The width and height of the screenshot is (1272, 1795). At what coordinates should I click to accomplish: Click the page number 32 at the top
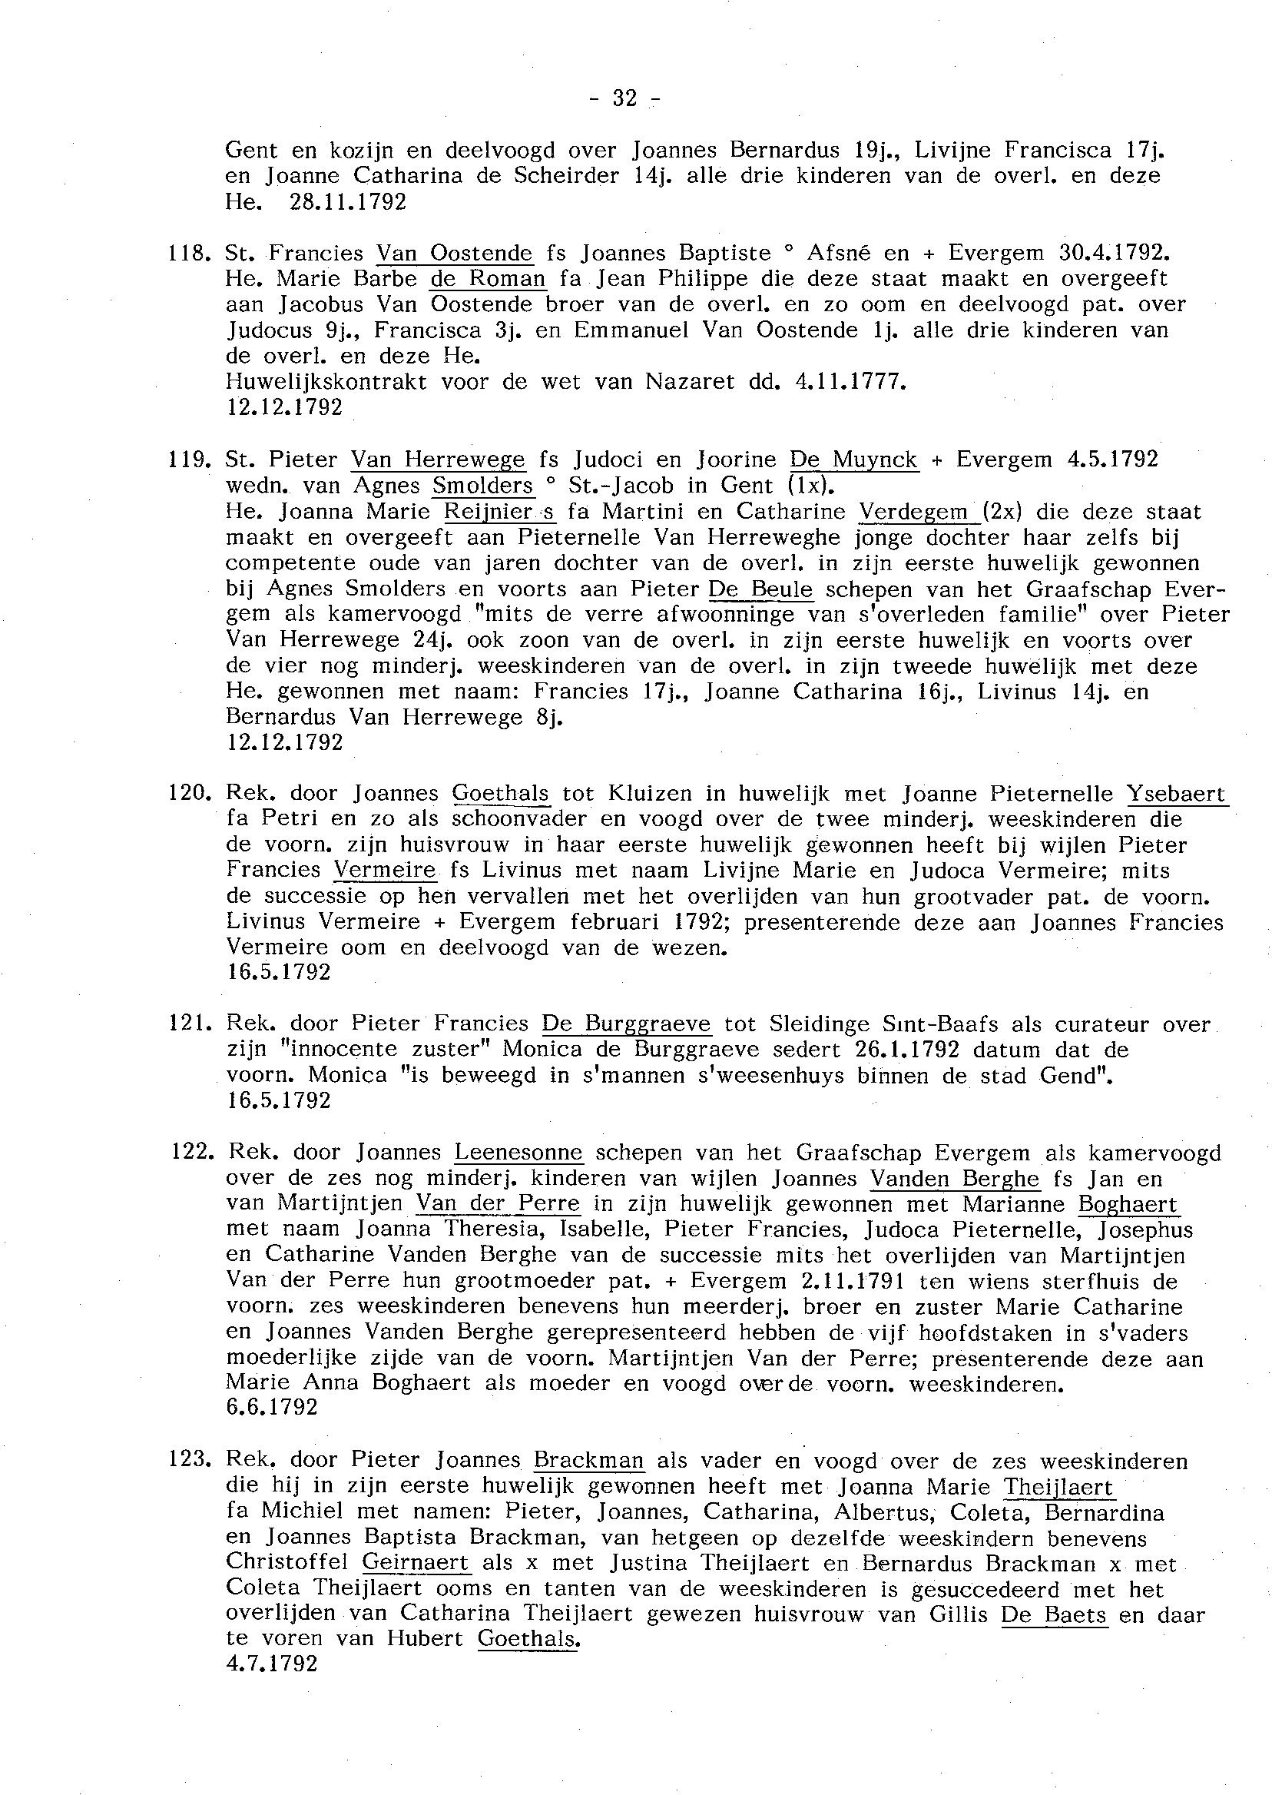point(624,98)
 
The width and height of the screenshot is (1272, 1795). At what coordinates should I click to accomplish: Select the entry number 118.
point(189,253)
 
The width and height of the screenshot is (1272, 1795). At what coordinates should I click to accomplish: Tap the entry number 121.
point(189,1024)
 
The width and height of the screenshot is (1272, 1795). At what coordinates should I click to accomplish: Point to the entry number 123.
point(189,1461)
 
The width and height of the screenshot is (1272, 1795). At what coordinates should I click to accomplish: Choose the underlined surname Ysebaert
point(1177,794)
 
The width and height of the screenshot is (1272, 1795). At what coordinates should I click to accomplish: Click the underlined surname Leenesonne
point(518,1153)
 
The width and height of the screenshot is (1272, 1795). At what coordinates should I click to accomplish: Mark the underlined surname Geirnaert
point(416,1562)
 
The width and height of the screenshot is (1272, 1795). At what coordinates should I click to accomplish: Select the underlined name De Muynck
point(853,460)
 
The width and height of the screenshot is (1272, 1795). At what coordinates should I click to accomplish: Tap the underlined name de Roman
point(488,279)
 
